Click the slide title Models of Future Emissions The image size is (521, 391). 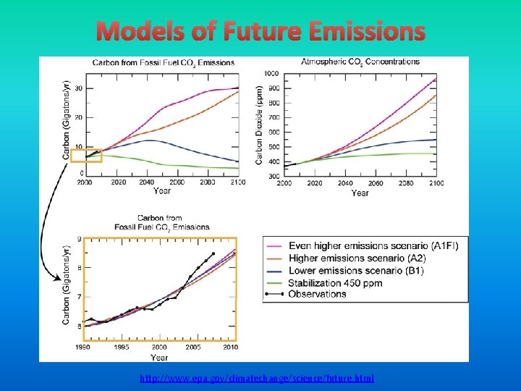(x=260, y=32)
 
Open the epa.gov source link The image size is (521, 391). (x=257, y=379)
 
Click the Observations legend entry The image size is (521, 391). (x=317, y=294)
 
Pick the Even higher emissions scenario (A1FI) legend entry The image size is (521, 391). (x=373, y=246)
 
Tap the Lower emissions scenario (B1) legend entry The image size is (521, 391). (x=356, y=270)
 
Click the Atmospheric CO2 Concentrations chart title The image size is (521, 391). (x=360, y=62)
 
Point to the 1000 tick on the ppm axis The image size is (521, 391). (x=271, y=74)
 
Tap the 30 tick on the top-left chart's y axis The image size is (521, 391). (x=78, y=88)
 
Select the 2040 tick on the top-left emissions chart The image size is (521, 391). (x=148, y=182)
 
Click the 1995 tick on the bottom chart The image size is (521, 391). (x=122, y=348)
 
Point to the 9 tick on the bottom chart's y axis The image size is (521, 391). (x=79, y=239)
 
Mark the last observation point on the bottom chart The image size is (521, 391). (x=213, y=253)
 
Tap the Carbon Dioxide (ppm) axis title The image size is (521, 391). (x=260, y=125)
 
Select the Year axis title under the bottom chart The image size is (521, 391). (x=159, y=357)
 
